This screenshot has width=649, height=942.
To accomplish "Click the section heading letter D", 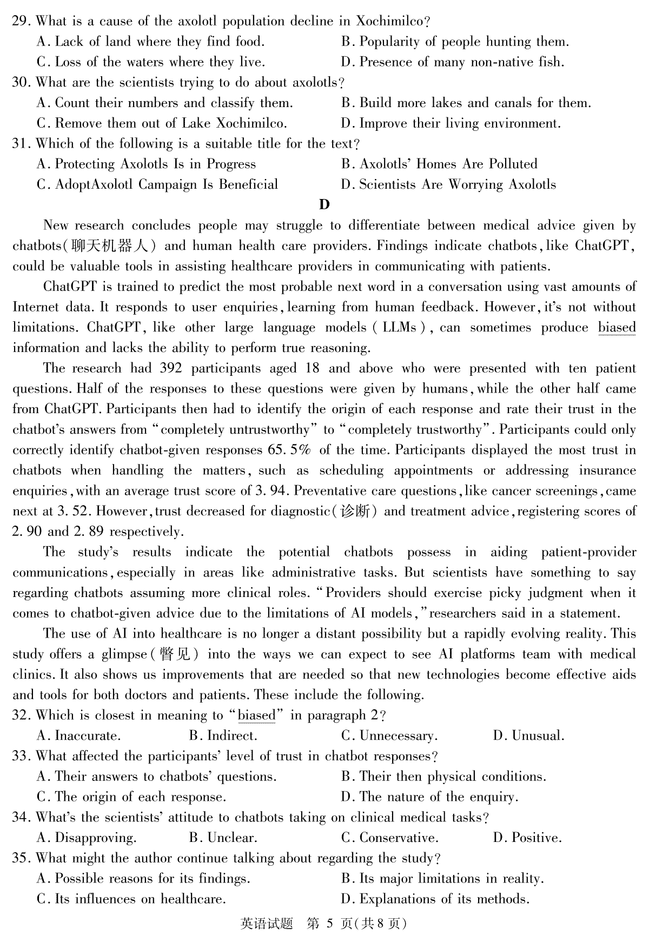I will pos(325,204).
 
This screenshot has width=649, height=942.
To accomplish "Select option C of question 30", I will pos(162,123).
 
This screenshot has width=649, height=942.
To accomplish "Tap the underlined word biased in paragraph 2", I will pos(617,328).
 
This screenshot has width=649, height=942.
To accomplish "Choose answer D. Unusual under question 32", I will pos(529,736).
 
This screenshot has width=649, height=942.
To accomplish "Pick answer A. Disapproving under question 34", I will pos(87,838).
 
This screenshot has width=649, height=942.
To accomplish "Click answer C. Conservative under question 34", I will pos(389,838).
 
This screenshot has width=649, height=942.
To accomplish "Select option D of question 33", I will pos(430,797).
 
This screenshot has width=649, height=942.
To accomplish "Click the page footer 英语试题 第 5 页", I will pos(323,924).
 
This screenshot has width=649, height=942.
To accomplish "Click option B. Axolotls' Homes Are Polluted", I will pos(439,164).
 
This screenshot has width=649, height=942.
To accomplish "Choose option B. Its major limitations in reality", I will pos(442,879).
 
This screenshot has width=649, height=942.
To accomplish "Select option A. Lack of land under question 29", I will pos(151,42).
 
